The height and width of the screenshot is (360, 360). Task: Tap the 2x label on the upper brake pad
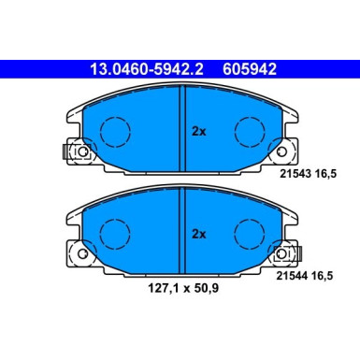(x=198, y=132)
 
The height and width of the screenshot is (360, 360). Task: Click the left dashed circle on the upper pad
(x=114, y=130)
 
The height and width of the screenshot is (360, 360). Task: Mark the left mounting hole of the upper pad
(x=80, y=152)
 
